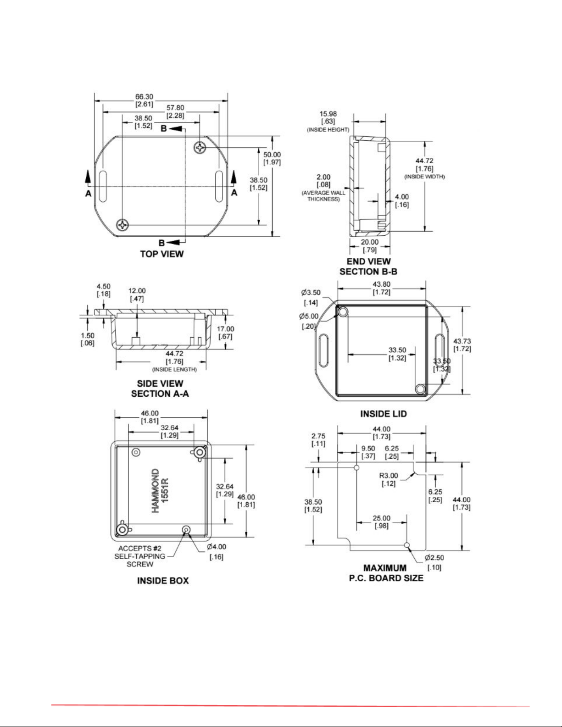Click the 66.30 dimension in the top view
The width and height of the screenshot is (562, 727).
pyautogui.click(x=144, y=97)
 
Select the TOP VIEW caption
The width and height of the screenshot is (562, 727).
pyautogui.click(x=162, y=254)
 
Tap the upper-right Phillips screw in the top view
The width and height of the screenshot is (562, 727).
pyautogui.click(x=200, y=147)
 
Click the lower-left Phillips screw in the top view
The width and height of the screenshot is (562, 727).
pyautogui.click(x=123, y=224)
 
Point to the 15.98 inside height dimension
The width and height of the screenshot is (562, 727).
pyautogui.click(x=328, y=114)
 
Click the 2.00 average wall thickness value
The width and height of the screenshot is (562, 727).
pyautogui.click(x=323, y=177)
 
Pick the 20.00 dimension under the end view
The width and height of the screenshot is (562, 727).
pyautogui.click(x=370, y=242)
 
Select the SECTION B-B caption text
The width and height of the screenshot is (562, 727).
pyautogui.click(x=368, y=272)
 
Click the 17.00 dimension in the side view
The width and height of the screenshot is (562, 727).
pyautogui.click(x=225, y=329)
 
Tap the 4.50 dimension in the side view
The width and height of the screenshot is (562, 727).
pyautogui.click(x=103, y=286)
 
